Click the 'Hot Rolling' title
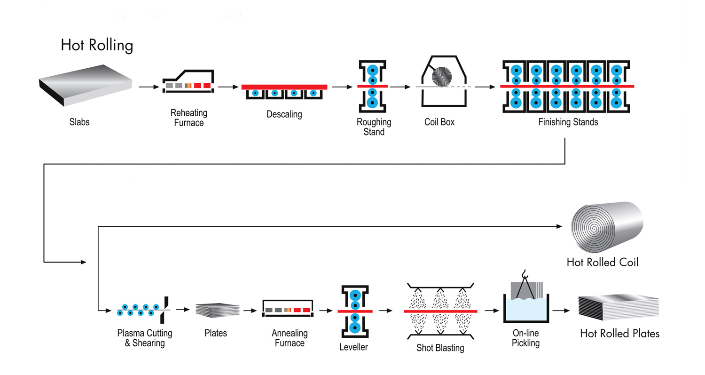click(97, 45)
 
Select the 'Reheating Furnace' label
click(188, 118)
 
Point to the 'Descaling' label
click(284, 114)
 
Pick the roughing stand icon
click(372, 86)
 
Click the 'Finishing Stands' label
click(568, 122)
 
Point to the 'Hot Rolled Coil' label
click(603, 262)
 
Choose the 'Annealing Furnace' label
click(290, 338)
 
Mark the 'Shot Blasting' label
click(440, 348)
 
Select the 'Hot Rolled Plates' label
click(619, 334)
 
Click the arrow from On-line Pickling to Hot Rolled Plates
click(562, 311)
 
